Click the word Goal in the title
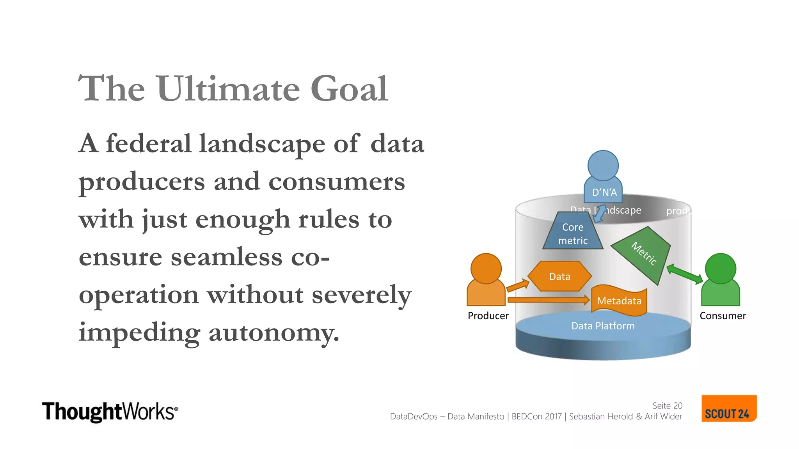click(x=349, y=89)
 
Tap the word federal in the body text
click(x=149, y=143)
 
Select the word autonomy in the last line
click(x=273, y=332)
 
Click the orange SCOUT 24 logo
click(x=728, y=409)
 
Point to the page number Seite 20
click(x=667, y=406)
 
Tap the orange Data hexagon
click(x=559, y=276)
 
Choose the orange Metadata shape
click(x=619, y=301)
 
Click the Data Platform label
click(x=603, y=326)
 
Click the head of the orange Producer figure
click(x=486, y=268)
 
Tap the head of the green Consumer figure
click(x=721, y=268)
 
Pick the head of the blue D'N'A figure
click(x=603, y=165)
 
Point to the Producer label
click(x=488, y=316)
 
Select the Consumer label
click(x=723, y=316)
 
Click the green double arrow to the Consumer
click(x=685, y=274)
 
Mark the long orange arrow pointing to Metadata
click(x=548, y=300)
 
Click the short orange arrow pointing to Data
click(x=518, y=286)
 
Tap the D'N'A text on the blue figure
click(x=604, y=193)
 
